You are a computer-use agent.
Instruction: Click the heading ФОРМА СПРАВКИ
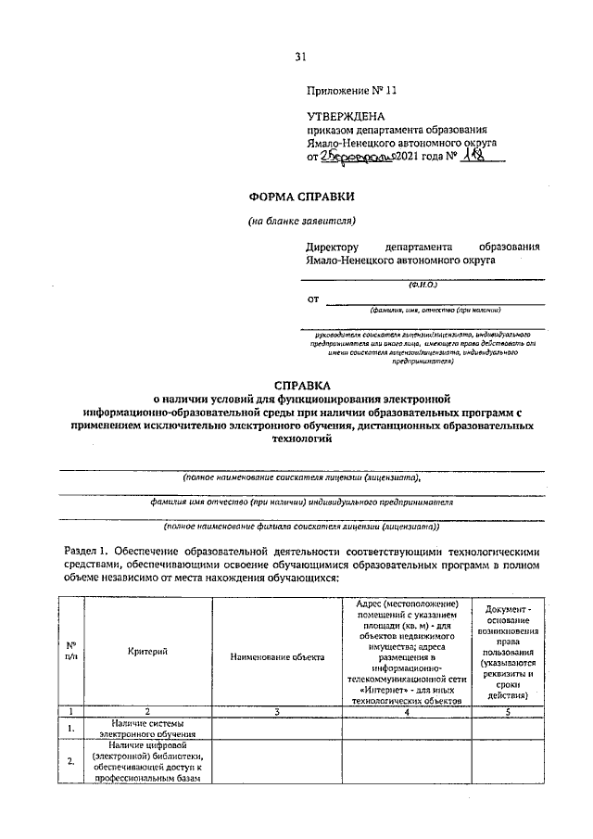coord(301,197)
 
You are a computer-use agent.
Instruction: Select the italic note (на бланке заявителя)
coord(301,221)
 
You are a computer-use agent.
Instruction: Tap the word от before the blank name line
coord(313,299)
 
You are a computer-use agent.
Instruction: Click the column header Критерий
coord(148,652)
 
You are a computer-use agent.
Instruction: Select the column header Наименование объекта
coord(277,656)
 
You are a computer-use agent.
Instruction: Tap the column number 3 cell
coord(277,711)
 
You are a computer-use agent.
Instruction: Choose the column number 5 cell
coord(507,711)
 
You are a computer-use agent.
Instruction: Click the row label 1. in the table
coord(71,729)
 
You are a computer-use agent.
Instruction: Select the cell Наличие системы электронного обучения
coord(148,729)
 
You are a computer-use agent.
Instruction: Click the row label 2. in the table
coord(71,762)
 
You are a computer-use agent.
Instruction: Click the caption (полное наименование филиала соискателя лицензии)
coord(301,526)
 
